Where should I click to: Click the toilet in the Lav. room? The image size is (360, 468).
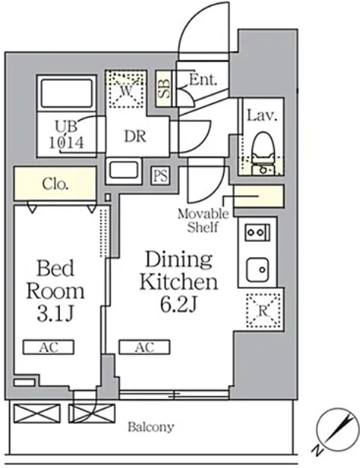click(263, 153)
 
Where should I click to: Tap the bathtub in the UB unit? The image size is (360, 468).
click(67, 93)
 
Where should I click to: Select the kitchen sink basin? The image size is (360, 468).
click(257, 270)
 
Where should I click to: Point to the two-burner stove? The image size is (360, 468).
click(257, 232)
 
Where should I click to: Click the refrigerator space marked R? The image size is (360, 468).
click(263, 311)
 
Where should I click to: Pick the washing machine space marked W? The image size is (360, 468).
click(126, 89)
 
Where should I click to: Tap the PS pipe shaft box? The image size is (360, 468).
click(160, 175)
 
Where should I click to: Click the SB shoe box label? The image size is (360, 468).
click(164, 89)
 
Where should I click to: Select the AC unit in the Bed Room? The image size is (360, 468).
click(49, 347)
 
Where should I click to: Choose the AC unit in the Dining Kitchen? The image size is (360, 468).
click(144, 347)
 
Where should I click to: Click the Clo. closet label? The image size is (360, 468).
click(55, 184)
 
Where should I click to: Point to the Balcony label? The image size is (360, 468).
click(150, 427)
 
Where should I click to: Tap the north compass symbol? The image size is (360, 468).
click(337, 429)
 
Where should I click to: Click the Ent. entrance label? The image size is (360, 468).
click(203, 80)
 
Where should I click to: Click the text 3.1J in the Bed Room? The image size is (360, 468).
click(55, 314)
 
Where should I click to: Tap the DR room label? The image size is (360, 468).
click(135, 137)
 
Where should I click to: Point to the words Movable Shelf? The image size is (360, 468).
click(203, 221)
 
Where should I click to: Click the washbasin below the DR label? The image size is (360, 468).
click(123, 170)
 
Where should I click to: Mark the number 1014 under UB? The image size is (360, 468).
click(66, 143)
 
